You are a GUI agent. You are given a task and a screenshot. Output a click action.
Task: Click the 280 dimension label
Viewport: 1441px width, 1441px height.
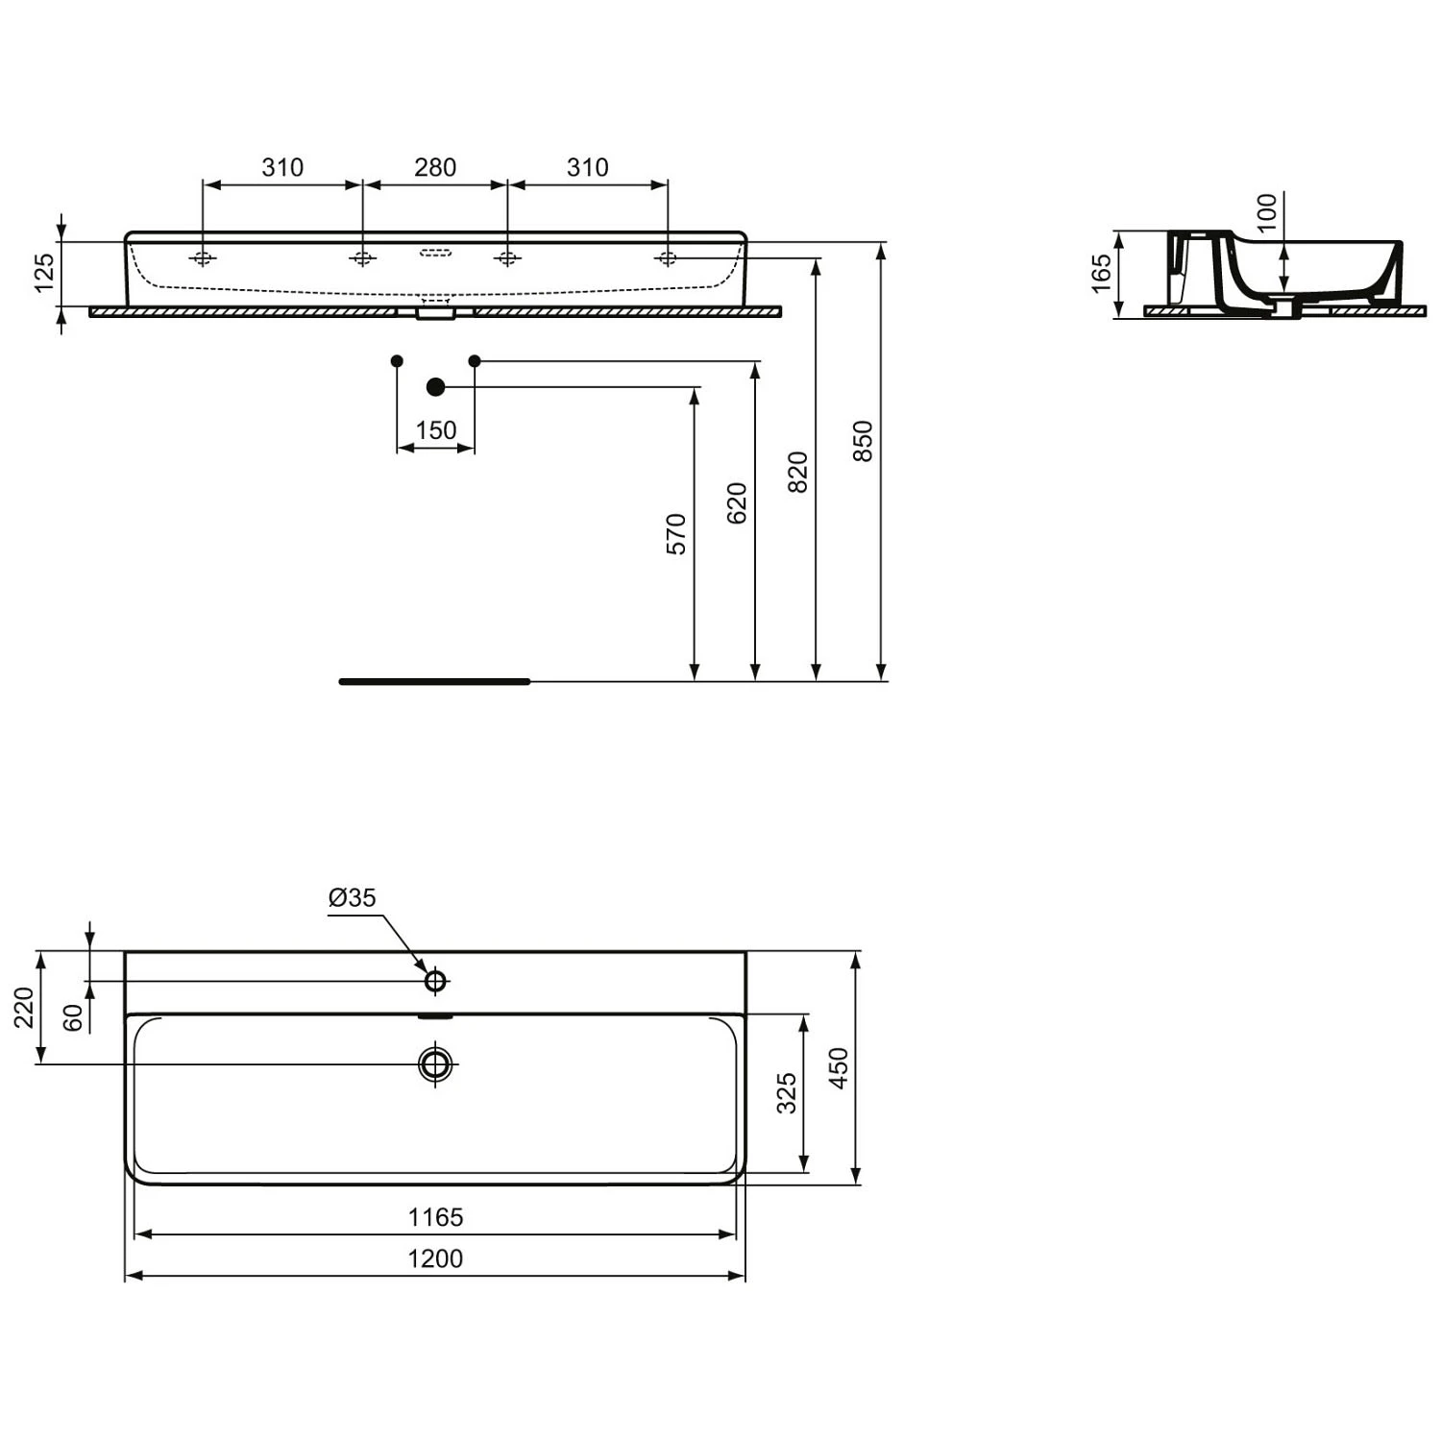[x=435, y=167]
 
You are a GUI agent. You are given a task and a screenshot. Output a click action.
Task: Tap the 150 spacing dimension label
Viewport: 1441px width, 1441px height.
[x=436, y=429]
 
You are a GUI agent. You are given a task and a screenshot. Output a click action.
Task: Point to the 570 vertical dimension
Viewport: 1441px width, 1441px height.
[x=677, y=534]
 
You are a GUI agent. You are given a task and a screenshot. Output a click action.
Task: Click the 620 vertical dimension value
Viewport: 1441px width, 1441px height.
[x=737, y=502]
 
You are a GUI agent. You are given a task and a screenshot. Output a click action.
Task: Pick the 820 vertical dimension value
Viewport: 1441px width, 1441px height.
[x=798, y=472]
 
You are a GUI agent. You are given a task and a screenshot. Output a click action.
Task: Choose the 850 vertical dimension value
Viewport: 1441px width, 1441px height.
[x=863, y=441]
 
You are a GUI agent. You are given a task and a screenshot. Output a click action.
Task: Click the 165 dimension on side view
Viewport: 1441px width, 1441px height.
[x=1102, y=273]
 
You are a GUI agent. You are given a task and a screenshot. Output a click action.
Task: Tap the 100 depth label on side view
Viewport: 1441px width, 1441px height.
[x=1268, y=212]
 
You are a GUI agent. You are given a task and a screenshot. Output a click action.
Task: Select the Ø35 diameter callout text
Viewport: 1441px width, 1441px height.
[x=353, y=897]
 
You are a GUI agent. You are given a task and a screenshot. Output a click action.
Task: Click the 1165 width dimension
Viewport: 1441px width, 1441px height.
[x=435, y=1217]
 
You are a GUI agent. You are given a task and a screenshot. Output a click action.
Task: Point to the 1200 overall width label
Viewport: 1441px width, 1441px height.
[x=435, y=1258]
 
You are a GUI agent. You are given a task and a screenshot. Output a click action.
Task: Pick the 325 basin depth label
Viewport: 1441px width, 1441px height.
[x=787, y=1093]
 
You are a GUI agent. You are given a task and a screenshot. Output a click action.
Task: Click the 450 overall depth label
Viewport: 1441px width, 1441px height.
[x=839, y=1068]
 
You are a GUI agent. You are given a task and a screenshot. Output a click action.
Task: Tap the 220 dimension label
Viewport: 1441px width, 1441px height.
[x=24, y=1007]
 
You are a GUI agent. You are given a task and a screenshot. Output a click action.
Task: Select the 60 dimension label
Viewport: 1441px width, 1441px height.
[x=73, y=1018]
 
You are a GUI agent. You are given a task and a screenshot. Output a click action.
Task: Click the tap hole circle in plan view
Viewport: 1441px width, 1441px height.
[x=435, y=981]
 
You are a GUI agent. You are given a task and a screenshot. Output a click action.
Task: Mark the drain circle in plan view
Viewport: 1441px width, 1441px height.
[x=435, y=1063]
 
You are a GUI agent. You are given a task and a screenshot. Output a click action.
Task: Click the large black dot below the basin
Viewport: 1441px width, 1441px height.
[x=435, y=387]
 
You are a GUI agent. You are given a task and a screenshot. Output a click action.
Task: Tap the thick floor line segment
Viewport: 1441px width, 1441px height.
[x=434, y=681]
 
